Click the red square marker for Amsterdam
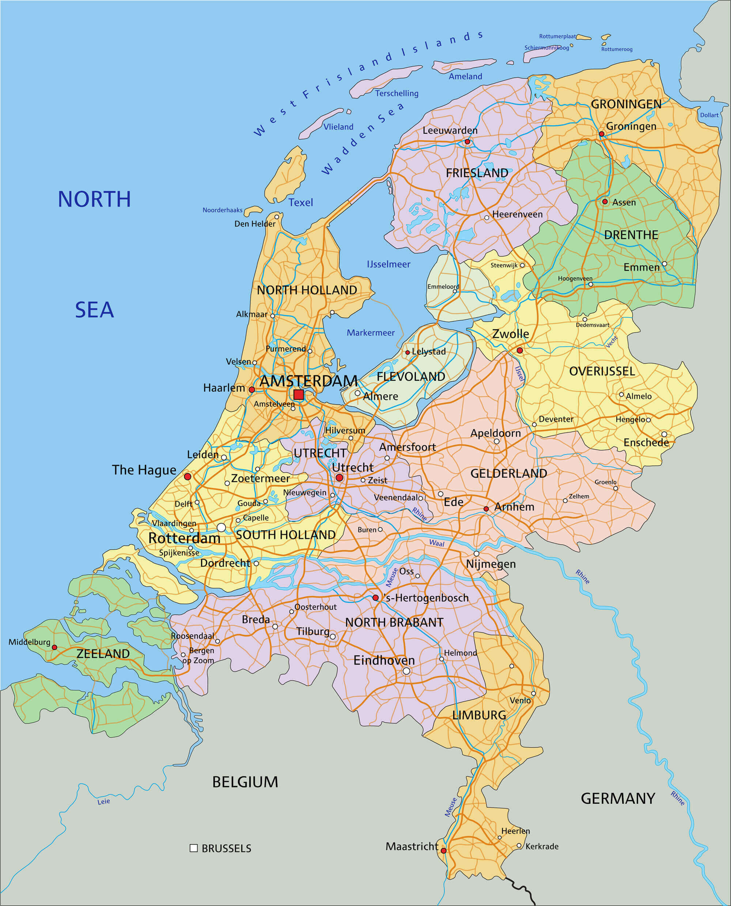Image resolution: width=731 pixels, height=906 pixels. pyautogui.click(x=299, y=394)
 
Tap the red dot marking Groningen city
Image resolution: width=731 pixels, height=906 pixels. pyautogui.click(x=601, y=134)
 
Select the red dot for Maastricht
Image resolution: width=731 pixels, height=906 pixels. pyautogui.click(x=443, y=850)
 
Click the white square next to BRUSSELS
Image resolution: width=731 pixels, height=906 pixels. pyautogui.click(x=194, y=848)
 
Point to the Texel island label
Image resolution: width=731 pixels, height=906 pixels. pyautogui.click(x=301, y=202)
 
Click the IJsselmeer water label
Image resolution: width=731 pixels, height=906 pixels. pyautogui.click(x=388, y=264)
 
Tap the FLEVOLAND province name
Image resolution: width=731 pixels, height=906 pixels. pyautogui.click(x=410, y=377)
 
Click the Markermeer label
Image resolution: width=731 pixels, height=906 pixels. pyautogui.click(x=371, y=333)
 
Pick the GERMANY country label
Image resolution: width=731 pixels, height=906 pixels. pyautogui.click(x=618, y=798)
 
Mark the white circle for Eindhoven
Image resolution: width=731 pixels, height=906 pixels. pyautogui.click(x=406, y=671)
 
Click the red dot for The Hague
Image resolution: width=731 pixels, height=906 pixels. pyautogui.click(x=188, y=476)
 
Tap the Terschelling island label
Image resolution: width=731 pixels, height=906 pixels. pyautogui.click(x=397, y=94)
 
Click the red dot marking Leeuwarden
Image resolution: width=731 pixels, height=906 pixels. pyautogui.click(x=467, y=142)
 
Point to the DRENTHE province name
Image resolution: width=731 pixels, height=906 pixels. pyautogui.click(x=631, y=235)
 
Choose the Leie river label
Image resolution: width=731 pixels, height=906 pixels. pyautogui.click(x=103, y=802)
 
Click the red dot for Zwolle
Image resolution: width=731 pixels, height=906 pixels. pyautogui.click(x=520, y=350)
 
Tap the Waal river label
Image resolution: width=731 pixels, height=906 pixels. pyautogui.click(x=437, y=543)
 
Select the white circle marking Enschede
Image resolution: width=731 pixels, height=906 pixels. pyautogui.click(x=664, y=434)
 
